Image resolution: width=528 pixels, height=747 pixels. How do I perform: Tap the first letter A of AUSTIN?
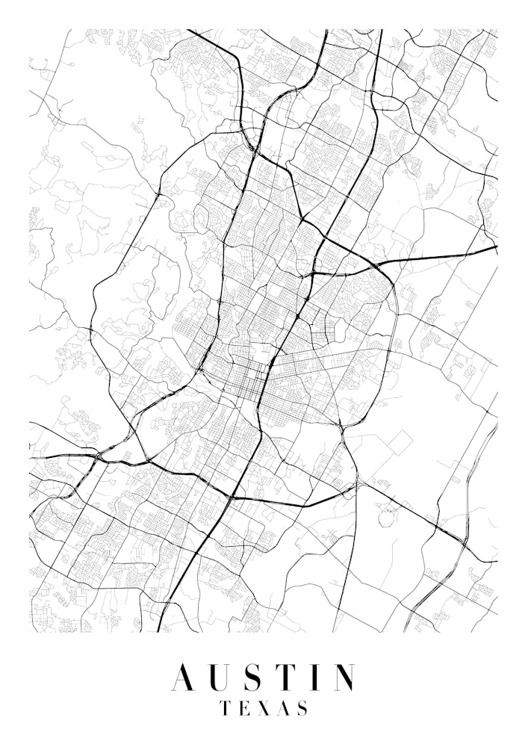185,678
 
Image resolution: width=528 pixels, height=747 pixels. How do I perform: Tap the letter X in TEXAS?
261,708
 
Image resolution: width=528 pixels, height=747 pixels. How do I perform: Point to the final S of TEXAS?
302,708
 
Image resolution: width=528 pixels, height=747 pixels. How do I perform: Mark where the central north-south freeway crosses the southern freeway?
232,497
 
